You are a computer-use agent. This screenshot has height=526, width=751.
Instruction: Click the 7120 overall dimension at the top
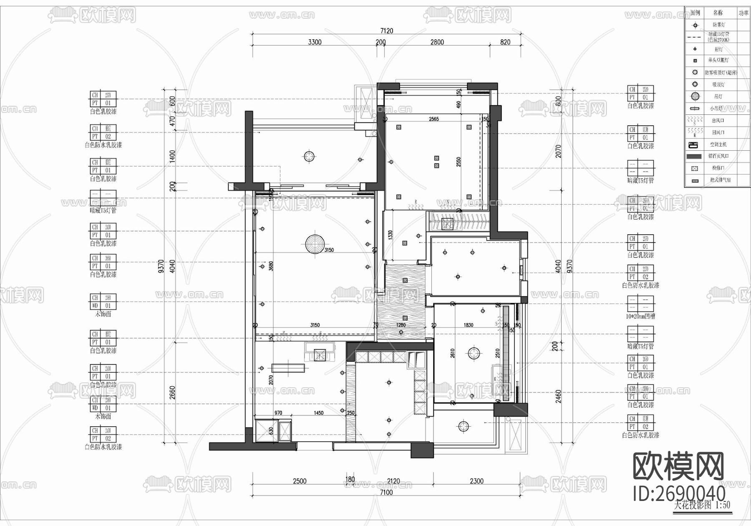click(x=387, y=30)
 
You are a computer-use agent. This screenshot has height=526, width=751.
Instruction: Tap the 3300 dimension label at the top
click(x=315, y=42)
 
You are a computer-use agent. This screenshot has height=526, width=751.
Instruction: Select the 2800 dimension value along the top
click(x=437, y=42)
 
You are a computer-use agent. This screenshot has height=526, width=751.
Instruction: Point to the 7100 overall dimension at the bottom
click(x=386, y=492)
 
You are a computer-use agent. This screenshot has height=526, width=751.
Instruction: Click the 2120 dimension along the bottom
click(x=393, y=481)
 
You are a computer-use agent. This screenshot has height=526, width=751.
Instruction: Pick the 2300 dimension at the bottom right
click(x=476, y=481)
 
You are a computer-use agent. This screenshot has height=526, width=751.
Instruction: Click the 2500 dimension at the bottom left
click(x=300, y=481)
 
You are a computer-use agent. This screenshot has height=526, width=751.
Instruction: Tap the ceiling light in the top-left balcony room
click(x=309, y=157)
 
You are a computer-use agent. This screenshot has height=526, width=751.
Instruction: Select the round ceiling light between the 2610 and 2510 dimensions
click(x=472, y=353)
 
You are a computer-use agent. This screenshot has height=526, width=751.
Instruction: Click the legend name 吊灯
click(x=718, y=96)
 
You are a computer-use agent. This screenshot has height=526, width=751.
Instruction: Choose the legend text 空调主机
click(x=718, y=144)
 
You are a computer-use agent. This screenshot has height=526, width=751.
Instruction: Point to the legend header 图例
click(x=695, y=13)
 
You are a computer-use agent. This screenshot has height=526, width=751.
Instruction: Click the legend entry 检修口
click(x=718, y=168)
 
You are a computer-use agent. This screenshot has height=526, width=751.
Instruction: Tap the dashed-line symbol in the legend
click(x=695, y=37)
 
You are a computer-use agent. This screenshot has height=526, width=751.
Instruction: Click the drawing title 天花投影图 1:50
click(x=702, y=505)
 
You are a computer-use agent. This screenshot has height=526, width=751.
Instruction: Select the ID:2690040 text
click(x=679, y=493)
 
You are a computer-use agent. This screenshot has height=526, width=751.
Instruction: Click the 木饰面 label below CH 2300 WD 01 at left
click(x=103, y=314)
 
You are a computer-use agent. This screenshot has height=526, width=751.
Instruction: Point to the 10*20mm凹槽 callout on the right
click(x=640, y=316)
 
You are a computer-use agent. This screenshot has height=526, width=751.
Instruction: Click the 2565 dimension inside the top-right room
click(x=433, y=119)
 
